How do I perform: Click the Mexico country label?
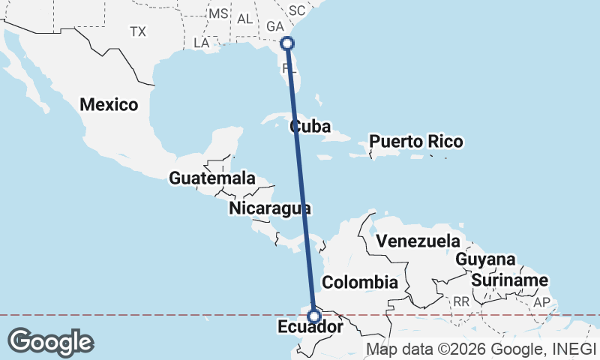[109, 104]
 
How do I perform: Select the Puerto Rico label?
[416, 141]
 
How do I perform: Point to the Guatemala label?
[211, 178]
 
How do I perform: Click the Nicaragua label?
[271, 208]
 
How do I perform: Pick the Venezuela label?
[418, 241]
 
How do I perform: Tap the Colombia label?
[359, 282]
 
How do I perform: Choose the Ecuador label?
[310, 328]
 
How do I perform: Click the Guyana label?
[486, 260]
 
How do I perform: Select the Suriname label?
[510, 280]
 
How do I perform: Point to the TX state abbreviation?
[137, 31]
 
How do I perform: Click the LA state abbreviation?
[201, 43]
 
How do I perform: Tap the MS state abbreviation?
[218, 14]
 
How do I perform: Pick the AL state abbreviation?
[244, 19]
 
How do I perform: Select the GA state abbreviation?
[274, 26]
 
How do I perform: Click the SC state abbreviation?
[297, 10]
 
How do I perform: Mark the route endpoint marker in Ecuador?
[314, 316]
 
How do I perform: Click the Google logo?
[50, 342]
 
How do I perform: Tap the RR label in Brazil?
[460, 301]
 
